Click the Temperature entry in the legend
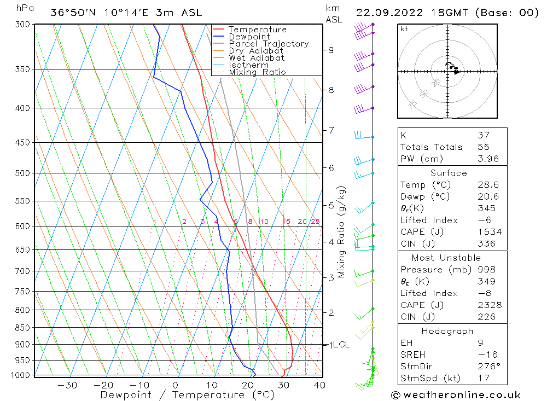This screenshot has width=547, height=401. (x=257, y=30)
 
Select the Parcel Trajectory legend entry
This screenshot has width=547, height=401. (x=269, y=44)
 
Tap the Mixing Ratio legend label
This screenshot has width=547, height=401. (x=257, y=72)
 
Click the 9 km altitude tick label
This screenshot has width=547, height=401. (x=331, y=50)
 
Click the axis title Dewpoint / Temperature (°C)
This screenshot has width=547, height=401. (x=187, y=394)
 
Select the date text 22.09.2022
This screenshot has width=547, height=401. (x=385, y=13)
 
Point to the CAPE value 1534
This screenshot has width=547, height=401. (x=489, y=232)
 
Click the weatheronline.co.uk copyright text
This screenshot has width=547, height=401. (x=456, y=395)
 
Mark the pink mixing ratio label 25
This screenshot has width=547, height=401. (x=315, y=222)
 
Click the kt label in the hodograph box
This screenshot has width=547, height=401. (x=404, y=29)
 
